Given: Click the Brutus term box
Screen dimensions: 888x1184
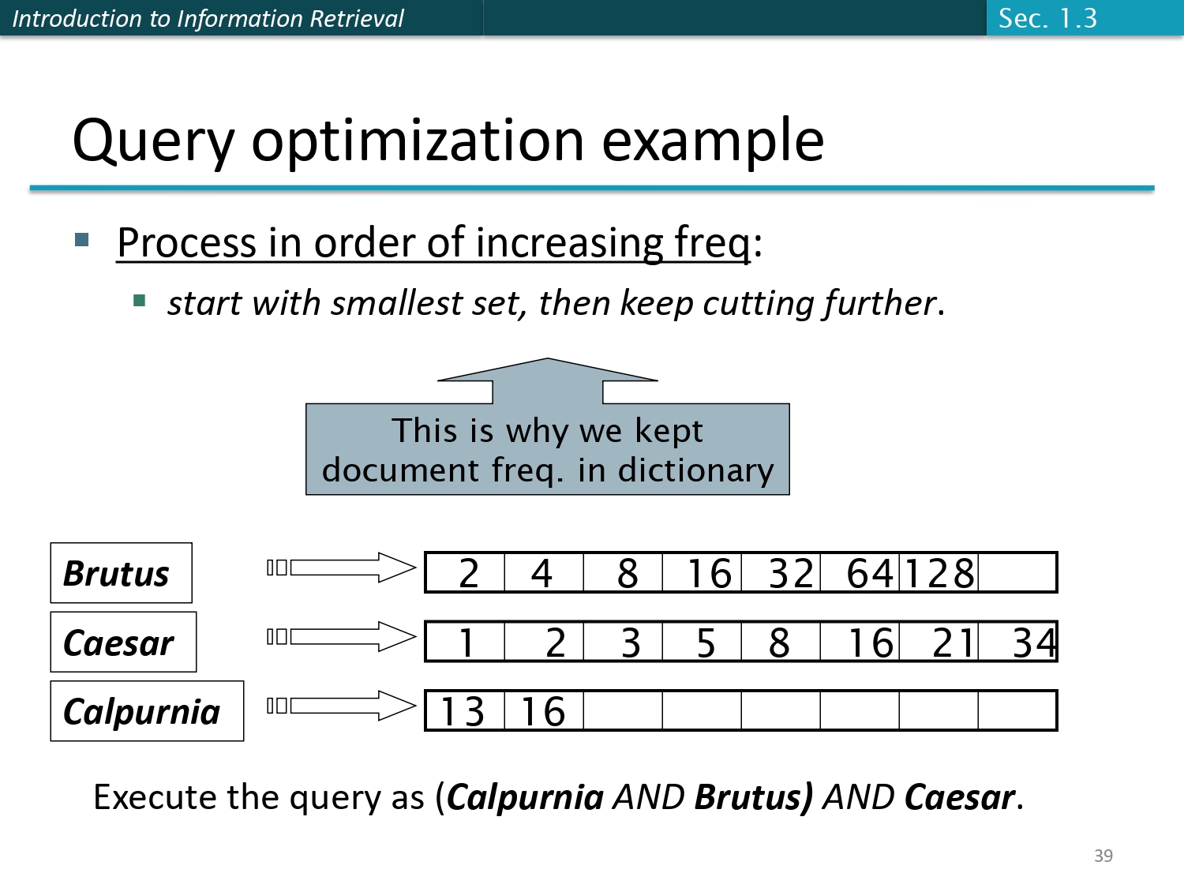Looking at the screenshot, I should coord(121,573).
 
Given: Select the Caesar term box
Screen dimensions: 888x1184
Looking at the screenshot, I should coord(123,643).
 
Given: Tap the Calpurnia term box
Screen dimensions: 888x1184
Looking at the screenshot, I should coord(147,711).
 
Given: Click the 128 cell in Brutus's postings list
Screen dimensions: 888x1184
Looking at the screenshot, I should coord(939,573).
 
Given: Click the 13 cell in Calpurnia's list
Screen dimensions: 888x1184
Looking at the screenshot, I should coord(463,711).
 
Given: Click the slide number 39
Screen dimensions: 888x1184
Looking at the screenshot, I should coord(1103,856).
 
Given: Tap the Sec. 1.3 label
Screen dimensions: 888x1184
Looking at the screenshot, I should coord(1047,18).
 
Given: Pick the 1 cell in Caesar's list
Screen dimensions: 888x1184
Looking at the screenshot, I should coord(466,643).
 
